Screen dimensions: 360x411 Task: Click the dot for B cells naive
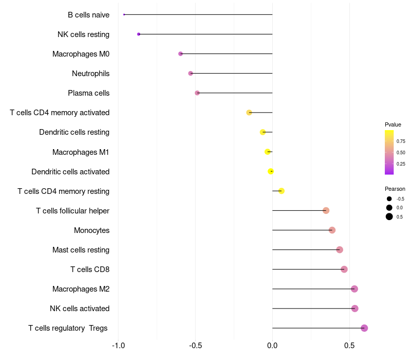click(x=124, y=14)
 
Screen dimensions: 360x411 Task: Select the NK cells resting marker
click(x=139, y=34)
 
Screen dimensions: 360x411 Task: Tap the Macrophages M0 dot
click(x=180, y=53)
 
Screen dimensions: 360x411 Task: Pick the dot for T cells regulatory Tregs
click(x=364, y=328)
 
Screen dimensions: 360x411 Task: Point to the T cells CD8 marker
click(x=344, y=269)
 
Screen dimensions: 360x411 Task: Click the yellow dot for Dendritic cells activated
click(x=271, y=171)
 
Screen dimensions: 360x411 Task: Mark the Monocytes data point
click(x=332, y=230)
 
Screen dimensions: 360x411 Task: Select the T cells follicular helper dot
click(x=326, y=210)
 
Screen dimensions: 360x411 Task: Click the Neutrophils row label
click(x=90, y=74)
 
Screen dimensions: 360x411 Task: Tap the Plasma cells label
click(x=88, y=93)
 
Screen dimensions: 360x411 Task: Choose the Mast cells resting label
click(x=81, y=250)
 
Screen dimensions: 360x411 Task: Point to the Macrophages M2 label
click(x=81, y=289)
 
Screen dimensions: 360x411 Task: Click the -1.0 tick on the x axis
click(x=118, y=345)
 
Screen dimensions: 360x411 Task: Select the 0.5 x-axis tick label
click(x=349, y=345)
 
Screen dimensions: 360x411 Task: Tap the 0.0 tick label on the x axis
click(x=272, y=345)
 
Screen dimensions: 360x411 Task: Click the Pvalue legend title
click(x=393, y=124)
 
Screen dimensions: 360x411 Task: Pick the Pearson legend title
click(x=395, y=189)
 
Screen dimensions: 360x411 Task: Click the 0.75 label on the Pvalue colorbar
click(x=401, y=141)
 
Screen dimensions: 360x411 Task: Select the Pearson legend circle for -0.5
click(x=389, y=199)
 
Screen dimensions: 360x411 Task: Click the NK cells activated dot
click(x=354, y=309)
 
